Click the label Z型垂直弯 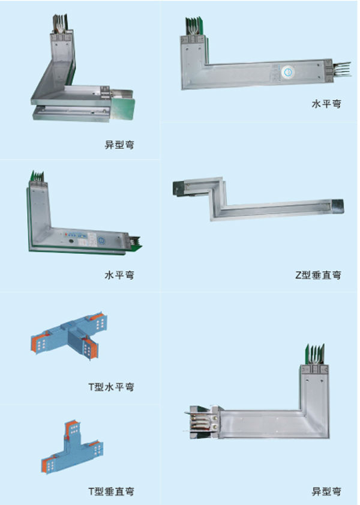[318, 275]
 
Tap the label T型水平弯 [111, 387]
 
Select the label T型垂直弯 [111, 491]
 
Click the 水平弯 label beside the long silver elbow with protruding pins [326, 104]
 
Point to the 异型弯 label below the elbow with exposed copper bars [326, 491]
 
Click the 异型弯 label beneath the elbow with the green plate [119, 145]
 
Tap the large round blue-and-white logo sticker [287, 72]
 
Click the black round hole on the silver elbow [70, 241]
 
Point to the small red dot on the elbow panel [66, 234]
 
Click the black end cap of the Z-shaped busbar [179, 188]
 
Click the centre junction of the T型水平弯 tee [75, 336]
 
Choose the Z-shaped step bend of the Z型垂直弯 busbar [217, 196]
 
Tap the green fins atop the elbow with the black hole [37, 176]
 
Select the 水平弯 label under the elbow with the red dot [119, 275]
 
